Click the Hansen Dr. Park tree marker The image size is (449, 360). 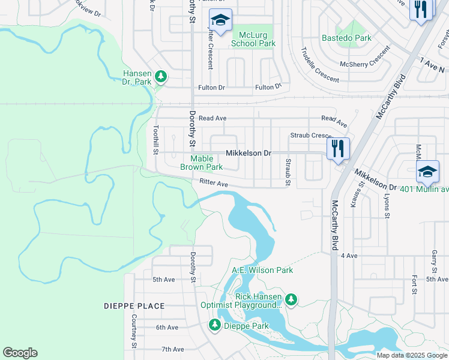[x=160, y=76]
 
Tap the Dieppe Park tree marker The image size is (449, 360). [x=214, y=325]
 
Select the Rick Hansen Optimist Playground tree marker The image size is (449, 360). [x=291, y=299]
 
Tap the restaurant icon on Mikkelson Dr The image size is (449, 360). [x=338, y=148]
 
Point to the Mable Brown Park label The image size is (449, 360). [x=202, y=163]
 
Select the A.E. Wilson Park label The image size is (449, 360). [x=262, y=270]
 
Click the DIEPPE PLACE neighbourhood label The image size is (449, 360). [x=133, y=306]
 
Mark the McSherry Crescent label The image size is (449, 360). [x=365, y=64]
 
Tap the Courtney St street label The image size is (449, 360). [x=134, y=334]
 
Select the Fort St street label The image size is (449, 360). [x=414, y=284]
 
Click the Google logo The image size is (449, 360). [x=20, y=353]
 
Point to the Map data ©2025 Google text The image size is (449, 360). [x=412, y=355]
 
